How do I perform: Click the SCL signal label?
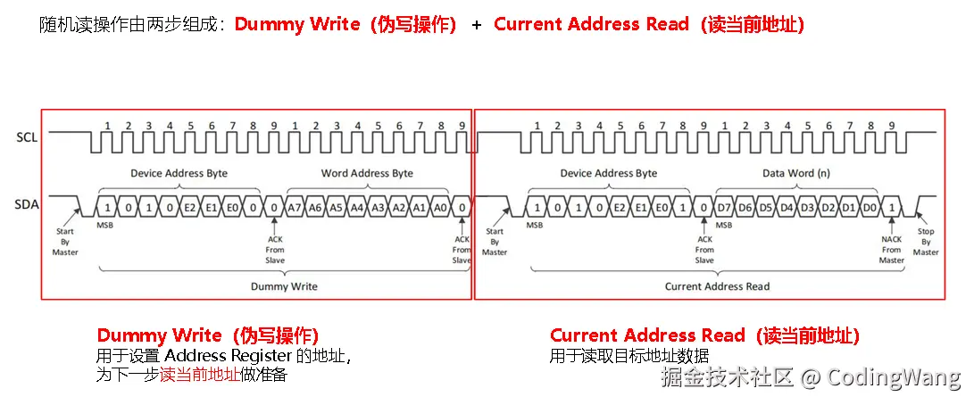26,138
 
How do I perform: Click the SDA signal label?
26,205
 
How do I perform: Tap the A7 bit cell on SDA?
295,207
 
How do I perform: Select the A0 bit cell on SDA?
440,207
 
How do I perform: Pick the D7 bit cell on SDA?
724,207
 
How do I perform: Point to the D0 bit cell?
870,207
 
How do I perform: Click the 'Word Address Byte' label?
366,173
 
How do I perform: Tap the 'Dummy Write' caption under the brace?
283,286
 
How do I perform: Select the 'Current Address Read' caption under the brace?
717,286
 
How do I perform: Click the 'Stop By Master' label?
926,242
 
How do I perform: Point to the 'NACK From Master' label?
892,250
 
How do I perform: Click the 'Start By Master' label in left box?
64,242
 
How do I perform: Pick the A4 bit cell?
357,207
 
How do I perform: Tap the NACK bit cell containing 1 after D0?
892,207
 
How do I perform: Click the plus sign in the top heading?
476,25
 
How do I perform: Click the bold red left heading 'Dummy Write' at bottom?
159,336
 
